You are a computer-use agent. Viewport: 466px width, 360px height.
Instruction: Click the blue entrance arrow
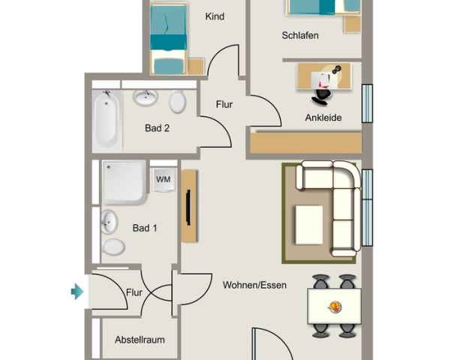click(77, 291)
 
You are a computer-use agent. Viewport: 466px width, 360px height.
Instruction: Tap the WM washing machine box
click(163, 179)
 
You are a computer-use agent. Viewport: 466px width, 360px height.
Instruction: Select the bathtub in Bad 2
click(107, 120)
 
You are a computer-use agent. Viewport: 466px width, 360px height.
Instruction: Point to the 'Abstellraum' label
click(139, 340)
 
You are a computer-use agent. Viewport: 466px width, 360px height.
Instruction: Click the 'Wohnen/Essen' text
click(254, 285)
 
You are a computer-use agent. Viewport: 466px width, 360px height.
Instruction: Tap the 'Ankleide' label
click(323, 118)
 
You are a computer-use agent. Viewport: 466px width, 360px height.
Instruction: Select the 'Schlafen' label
click(300, 35)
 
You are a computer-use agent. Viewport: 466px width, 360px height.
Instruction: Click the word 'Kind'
click(215, 16)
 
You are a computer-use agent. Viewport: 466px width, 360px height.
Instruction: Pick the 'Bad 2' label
click(157, 128)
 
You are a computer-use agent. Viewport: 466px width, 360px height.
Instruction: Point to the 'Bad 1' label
click(144, 228)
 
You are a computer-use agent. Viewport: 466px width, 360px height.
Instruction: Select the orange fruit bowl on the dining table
click(335, 306)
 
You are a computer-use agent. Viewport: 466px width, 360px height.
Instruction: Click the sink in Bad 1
click(110, 221)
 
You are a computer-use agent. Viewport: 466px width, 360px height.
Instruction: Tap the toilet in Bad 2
click(178, 101)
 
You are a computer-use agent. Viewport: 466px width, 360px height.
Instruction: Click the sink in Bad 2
click(145, 98)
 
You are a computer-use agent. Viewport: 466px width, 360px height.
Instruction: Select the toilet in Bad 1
click(113, 246)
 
